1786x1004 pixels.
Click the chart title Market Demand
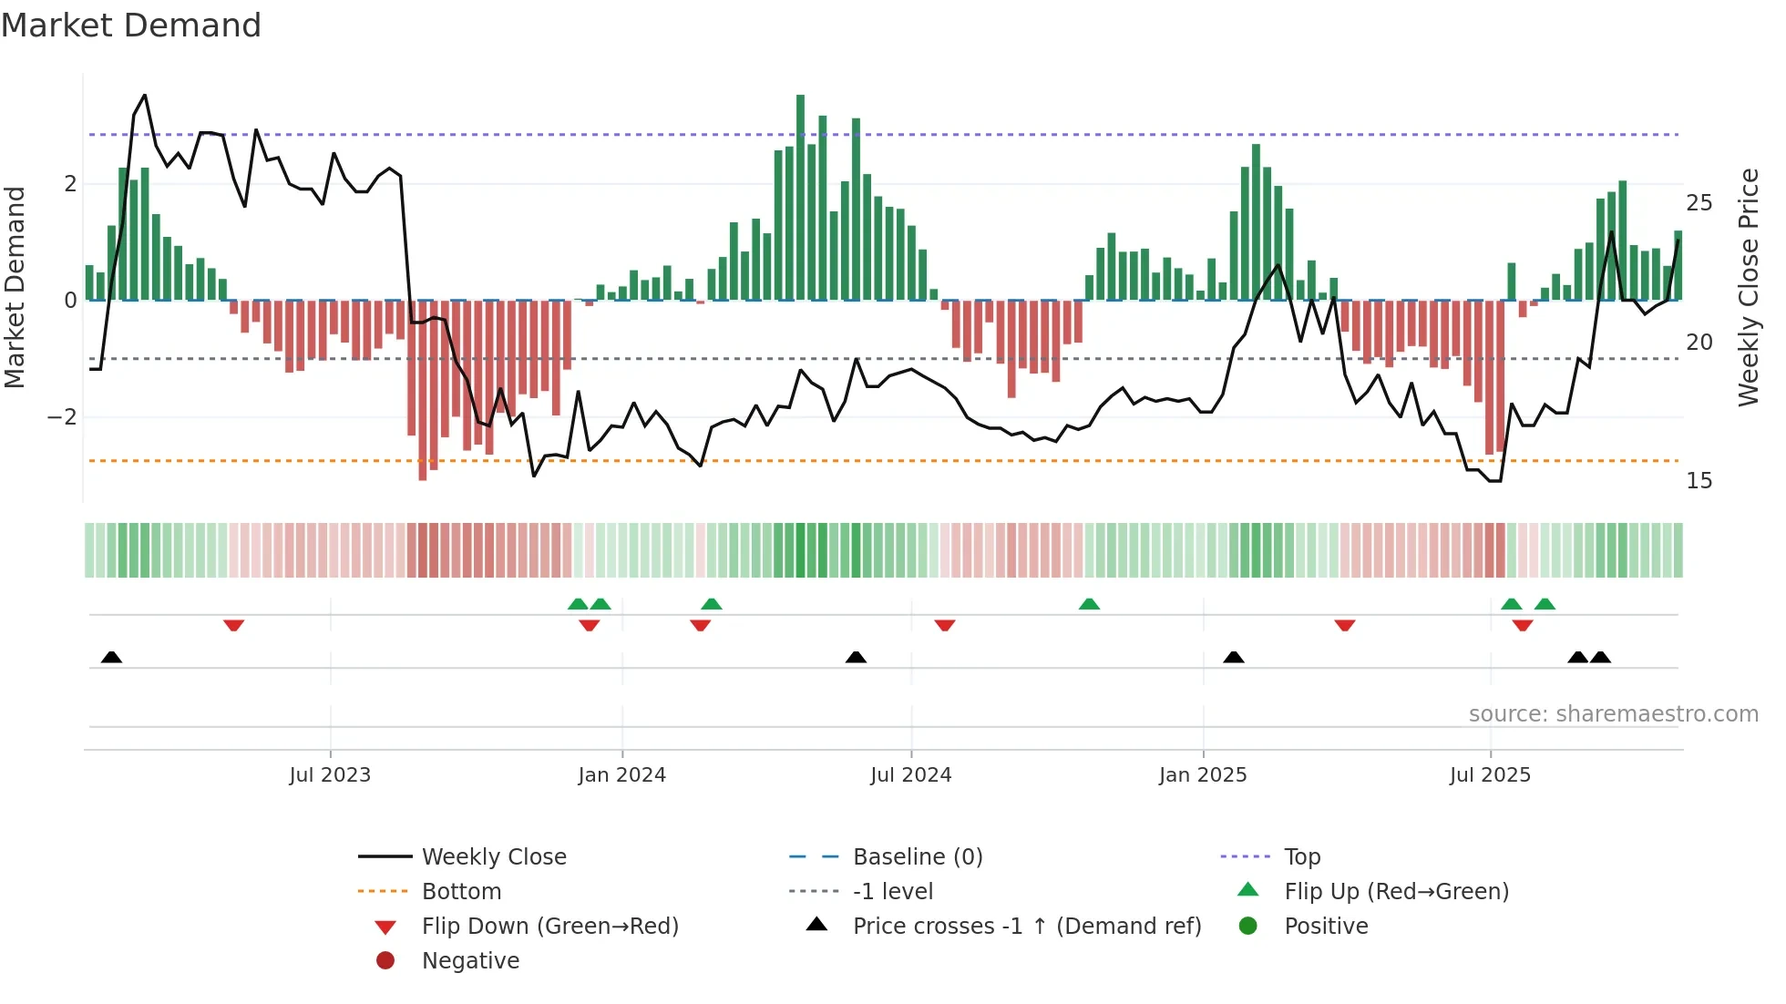point(131,26)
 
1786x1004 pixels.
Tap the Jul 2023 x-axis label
point(330,775)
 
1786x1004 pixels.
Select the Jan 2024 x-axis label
point(621,775)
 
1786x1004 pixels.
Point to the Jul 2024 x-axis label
point(910,775)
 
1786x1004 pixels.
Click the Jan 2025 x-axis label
point(1203,775)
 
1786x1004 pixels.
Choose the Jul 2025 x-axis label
point(1490,775)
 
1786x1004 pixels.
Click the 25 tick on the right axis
point(1699,203)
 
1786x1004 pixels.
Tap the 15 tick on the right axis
point(1699,481)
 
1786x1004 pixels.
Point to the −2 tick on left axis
point(62,417)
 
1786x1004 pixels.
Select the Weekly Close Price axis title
point(1748,287)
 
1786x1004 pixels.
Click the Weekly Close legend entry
point(493,857)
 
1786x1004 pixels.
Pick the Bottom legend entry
point(461,892)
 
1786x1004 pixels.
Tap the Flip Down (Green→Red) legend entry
point(549,927)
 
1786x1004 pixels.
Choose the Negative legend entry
point(470,961)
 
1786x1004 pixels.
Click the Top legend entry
point(1302,857)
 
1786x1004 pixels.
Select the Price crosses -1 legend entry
point(1026,927)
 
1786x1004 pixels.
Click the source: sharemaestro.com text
point(1613,714)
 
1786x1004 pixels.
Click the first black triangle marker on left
point(111,657)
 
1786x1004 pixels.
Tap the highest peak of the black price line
point(145,96)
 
